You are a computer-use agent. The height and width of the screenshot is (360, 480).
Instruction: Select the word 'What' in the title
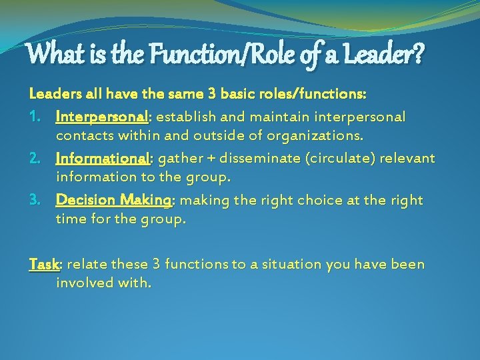[x=51, y=52]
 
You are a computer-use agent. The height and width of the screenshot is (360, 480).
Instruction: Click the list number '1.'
[x=38, y=117]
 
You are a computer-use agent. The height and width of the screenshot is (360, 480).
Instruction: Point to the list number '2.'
[x=38, y=159]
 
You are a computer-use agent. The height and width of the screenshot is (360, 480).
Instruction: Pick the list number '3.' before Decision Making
[x=38, y=201]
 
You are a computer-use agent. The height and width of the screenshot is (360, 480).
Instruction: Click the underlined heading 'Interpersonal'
[x=103, y=117]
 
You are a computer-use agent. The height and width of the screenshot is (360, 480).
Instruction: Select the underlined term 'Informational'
[x=104, y=159]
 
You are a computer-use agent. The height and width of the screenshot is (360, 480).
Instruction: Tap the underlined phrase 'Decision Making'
[x=114, y=201]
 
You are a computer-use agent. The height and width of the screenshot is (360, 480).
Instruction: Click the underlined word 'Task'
[x=44, y=265]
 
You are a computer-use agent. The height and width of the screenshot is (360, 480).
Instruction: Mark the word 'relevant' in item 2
[x=408, y=159]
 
